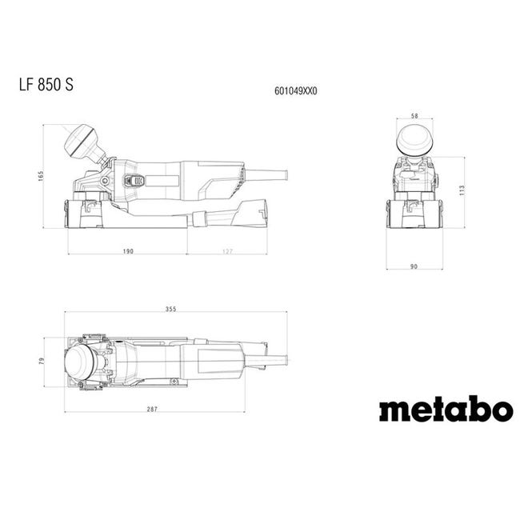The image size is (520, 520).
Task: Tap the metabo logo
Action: pyautogui.click(x=446, y=410)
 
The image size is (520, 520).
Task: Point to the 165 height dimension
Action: pyautogui.click(x=40, y=176)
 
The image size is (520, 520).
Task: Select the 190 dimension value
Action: pyautogui.click(x=127, y=251)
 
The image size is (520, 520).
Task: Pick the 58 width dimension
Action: pyautogui.click(x=414, y=115)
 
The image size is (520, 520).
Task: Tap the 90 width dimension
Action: pyautogui.click(x=414, y=266)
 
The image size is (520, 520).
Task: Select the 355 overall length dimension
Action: pyautogui.click(x=170, y=309)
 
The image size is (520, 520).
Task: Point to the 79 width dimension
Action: pyautogui.click(x=42, y=362)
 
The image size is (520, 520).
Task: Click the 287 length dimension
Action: pyautogui.click(x=152, y=410)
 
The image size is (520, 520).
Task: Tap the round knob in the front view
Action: pyautogui.click(x=414, y=139)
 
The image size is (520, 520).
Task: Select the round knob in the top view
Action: pyautogui.click(x=81, y=362)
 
